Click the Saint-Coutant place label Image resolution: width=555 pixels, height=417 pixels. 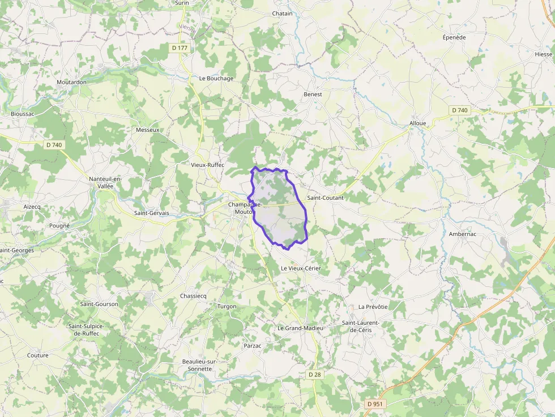pos(325,198)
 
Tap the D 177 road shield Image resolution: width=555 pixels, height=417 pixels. pos(180,48)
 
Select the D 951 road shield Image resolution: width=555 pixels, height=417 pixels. pos(375,404)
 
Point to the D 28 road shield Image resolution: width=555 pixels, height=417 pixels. pos(315,375)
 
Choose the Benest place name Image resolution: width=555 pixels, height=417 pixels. pos(313,94)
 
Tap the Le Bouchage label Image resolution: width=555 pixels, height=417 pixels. pos(216,79)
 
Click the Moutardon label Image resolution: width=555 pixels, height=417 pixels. pos(71,82)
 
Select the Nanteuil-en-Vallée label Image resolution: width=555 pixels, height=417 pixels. pos(105,183)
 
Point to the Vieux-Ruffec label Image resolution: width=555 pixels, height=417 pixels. pos(208,165)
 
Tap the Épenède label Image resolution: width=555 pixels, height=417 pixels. pos(454,37)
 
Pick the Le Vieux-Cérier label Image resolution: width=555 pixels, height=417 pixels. pos(301,268)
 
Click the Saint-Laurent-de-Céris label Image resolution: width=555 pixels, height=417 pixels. pos(361,326)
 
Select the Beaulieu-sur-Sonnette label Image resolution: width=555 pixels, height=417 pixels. pos(197,365)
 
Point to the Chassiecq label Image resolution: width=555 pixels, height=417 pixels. pos(193,296)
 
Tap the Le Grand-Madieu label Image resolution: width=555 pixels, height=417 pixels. pos(300,328)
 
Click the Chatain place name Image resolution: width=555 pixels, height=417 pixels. pos(283,14)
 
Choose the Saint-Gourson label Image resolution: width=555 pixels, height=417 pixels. pos(99,304)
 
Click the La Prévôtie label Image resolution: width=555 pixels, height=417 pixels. pos(373,307)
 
